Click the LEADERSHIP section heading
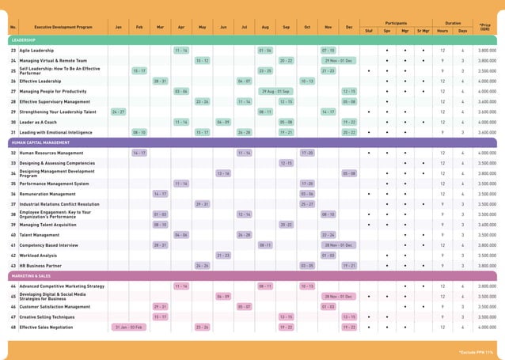(23, 40)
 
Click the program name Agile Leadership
(38, 50)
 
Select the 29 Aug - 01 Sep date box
(275, 91)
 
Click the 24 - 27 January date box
(118, 112)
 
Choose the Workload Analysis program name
(40, 256)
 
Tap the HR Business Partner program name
(41, 266)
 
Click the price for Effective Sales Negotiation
(488, 327)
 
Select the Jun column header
(223, 27)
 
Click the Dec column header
(349, 27)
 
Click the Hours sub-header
(442, 31)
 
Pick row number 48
(13, 327)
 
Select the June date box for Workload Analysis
(223, 256)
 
